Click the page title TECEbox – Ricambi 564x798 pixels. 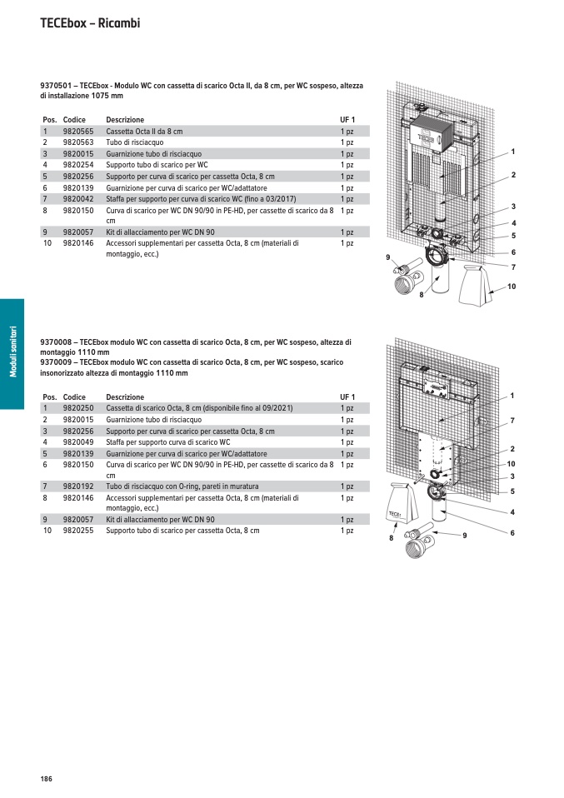(90, 23)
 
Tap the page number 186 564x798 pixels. (46, 778)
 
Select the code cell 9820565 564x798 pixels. (78, 132)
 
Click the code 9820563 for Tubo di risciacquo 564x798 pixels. (78, 142)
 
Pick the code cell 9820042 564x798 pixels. (78, 199)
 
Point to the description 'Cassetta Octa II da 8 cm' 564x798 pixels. (144, 132)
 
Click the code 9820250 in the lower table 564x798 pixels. (78, 408)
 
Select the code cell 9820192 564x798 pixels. (78, 486)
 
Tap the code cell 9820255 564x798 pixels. (78, 531)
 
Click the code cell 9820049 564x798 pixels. (78, 442)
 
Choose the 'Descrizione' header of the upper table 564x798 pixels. (125, 120)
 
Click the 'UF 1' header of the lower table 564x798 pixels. (347, 397)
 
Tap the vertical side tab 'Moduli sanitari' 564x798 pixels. (12, 353)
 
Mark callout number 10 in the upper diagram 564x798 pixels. (512, 287)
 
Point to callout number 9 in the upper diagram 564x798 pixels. (388, 258)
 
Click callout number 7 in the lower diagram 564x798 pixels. (512, 421)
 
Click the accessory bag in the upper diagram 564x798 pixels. (482, 284)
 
